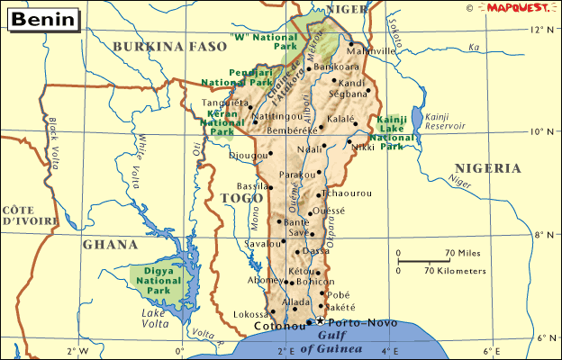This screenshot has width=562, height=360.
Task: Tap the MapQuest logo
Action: [521, 7]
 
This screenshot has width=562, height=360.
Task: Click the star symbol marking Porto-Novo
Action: [319, 321]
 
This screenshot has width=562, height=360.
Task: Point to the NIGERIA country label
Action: [487, 167]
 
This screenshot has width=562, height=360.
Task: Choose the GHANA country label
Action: [110, 244]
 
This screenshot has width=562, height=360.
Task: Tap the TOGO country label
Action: [241, 198]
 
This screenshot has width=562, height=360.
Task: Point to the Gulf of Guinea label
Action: [331, 341]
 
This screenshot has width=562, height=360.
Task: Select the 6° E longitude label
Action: [493, 351]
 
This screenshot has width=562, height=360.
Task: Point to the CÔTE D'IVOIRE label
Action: [25, 214]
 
